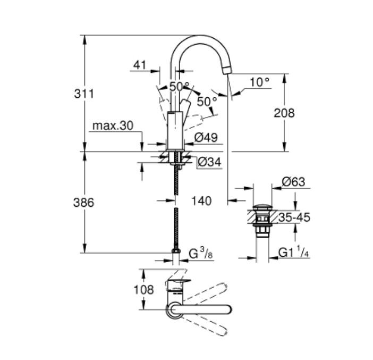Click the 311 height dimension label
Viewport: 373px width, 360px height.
83,94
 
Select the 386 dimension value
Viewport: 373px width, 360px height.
83,203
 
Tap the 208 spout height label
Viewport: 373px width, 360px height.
284,113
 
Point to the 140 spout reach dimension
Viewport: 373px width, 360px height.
201,200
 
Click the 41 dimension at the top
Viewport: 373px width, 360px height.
140,65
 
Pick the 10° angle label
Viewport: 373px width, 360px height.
259,82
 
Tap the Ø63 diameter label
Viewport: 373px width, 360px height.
293,182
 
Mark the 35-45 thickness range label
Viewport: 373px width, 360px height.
294,217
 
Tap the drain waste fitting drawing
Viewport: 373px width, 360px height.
261,219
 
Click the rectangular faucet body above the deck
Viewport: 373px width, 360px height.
175,131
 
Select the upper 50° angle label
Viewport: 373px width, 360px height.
179,86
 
